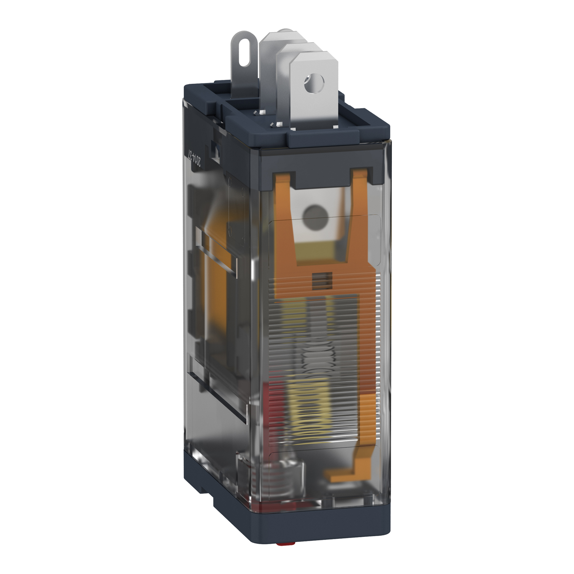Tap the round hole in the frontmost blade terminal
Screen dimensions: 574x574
[314, 83]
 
